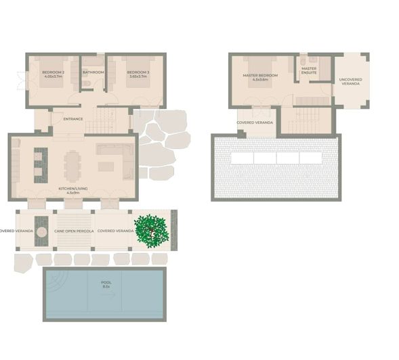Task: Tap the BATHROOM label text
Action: coord(93,72)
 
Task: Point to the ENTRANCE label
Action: coord(72,119)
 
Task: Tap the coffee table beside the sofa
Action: coord(106,166)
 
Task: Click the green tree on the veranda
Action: coord(152,229)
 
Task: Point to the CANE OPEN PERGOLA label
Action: coord(75,231)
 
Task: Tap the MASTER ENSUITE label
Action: coord(309,70)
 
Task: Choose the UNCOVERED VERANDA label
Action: coord(350,81)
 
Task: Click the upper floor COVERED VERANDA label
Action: coord(255,122)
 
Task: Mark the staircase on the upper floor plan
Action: coord(306,115)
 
